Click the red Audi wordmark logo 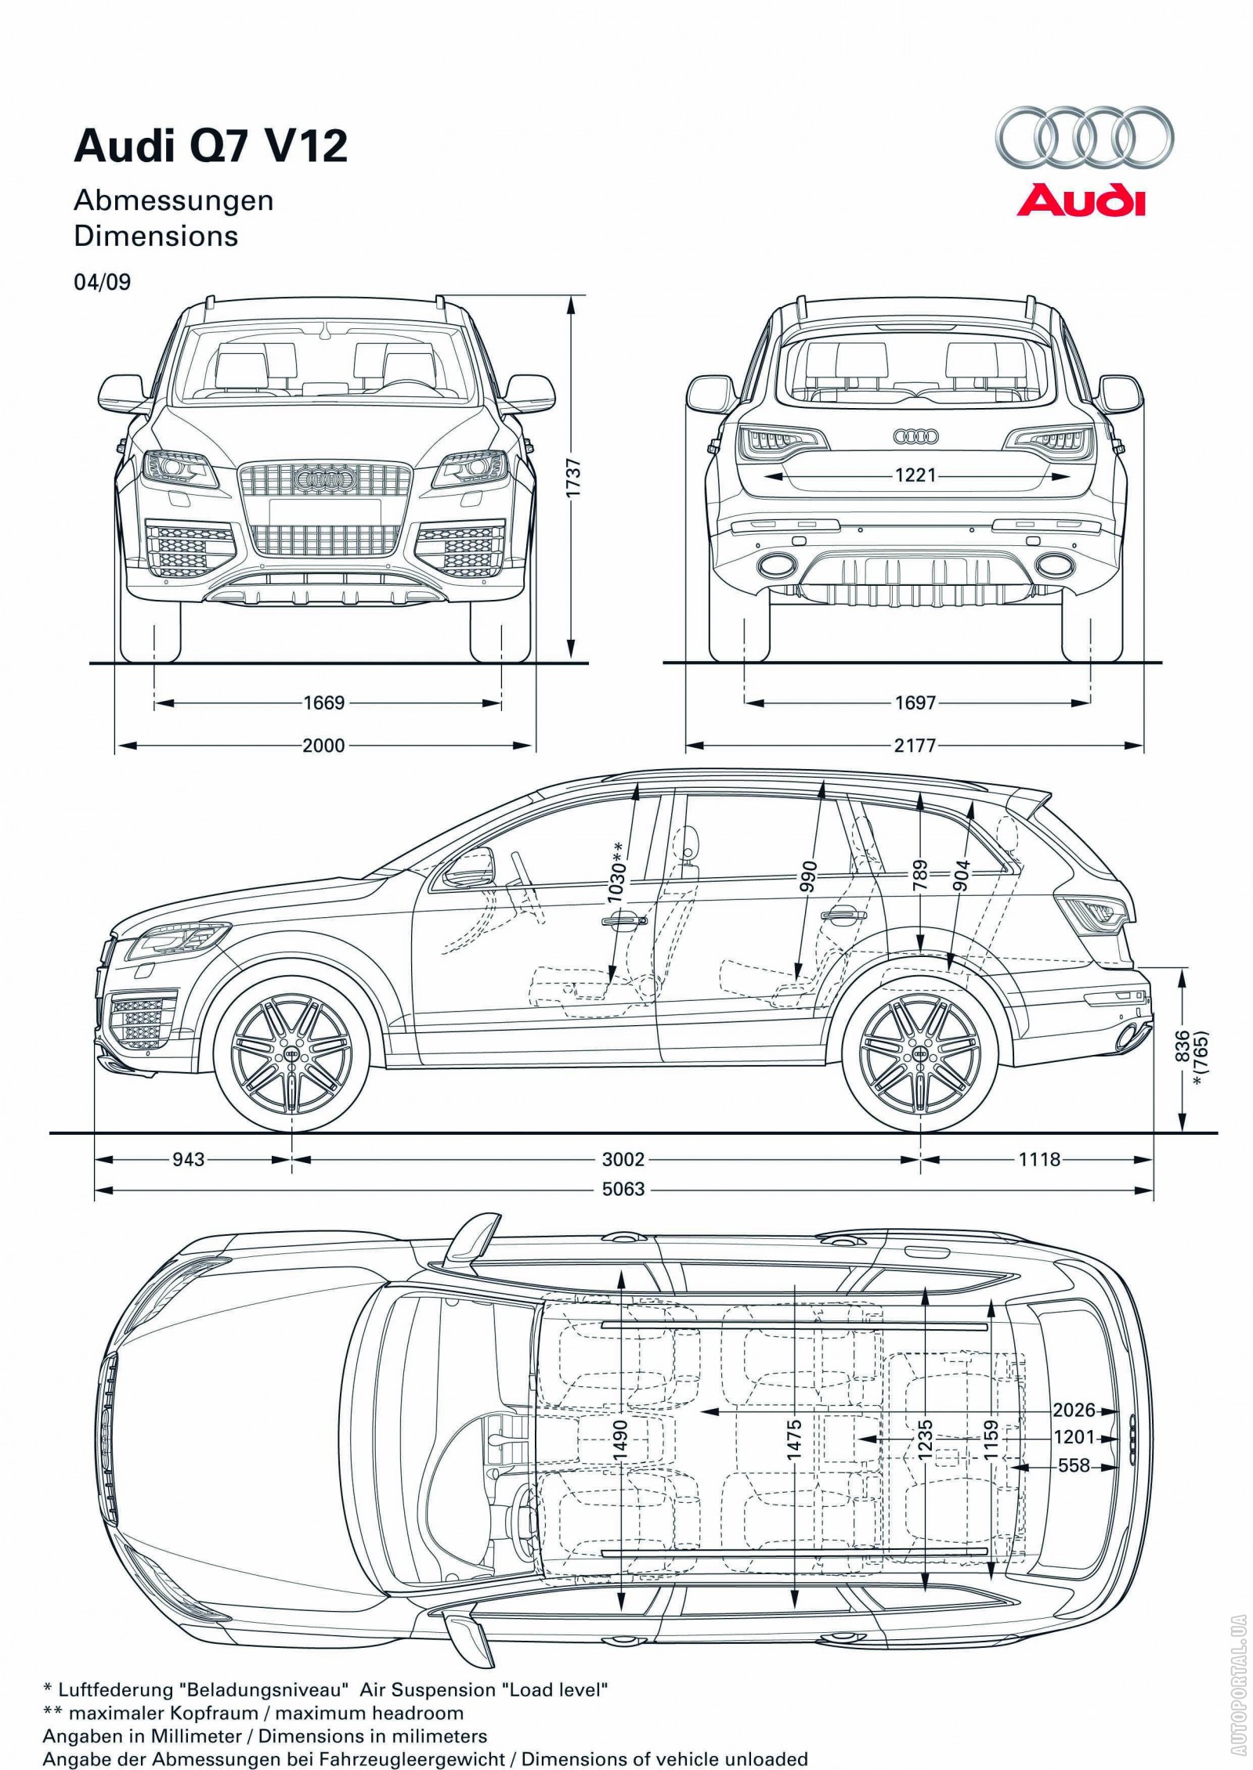click(x=1081, y=200)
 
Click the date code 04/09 click(x=102, y=282)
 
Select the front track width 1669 click(x=324, y=703)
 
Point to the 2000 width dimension click(x=323, y=745)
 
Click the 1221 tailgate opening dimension click(x=915, y=475)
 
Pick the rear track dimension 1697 click(x=915, y=703)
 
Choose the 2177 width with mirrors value click(x=915, y=745)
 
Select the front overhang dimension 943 click(x=188, y=1158)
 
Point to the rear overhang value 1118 click(x=1039, y=1158)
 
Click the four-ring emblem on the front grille click(x=325, y=477)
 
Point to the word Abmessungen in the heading click(x=173, y=200)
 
